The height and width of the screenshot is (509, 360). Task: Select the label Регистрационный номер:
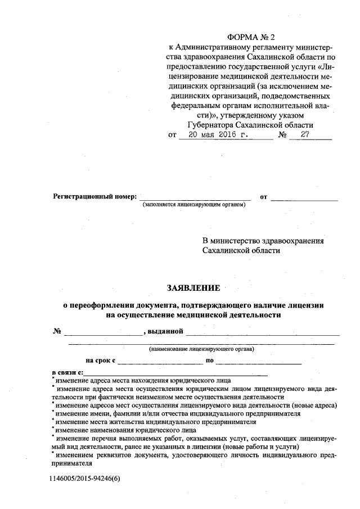[95, 197]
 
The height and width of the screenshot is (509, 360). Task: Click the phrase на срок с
[101, 361]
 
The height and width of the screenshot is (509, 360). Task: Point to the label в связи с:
[67, 372]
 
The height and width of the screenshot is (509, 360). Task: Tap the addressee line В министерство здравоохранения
[263, 241]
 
